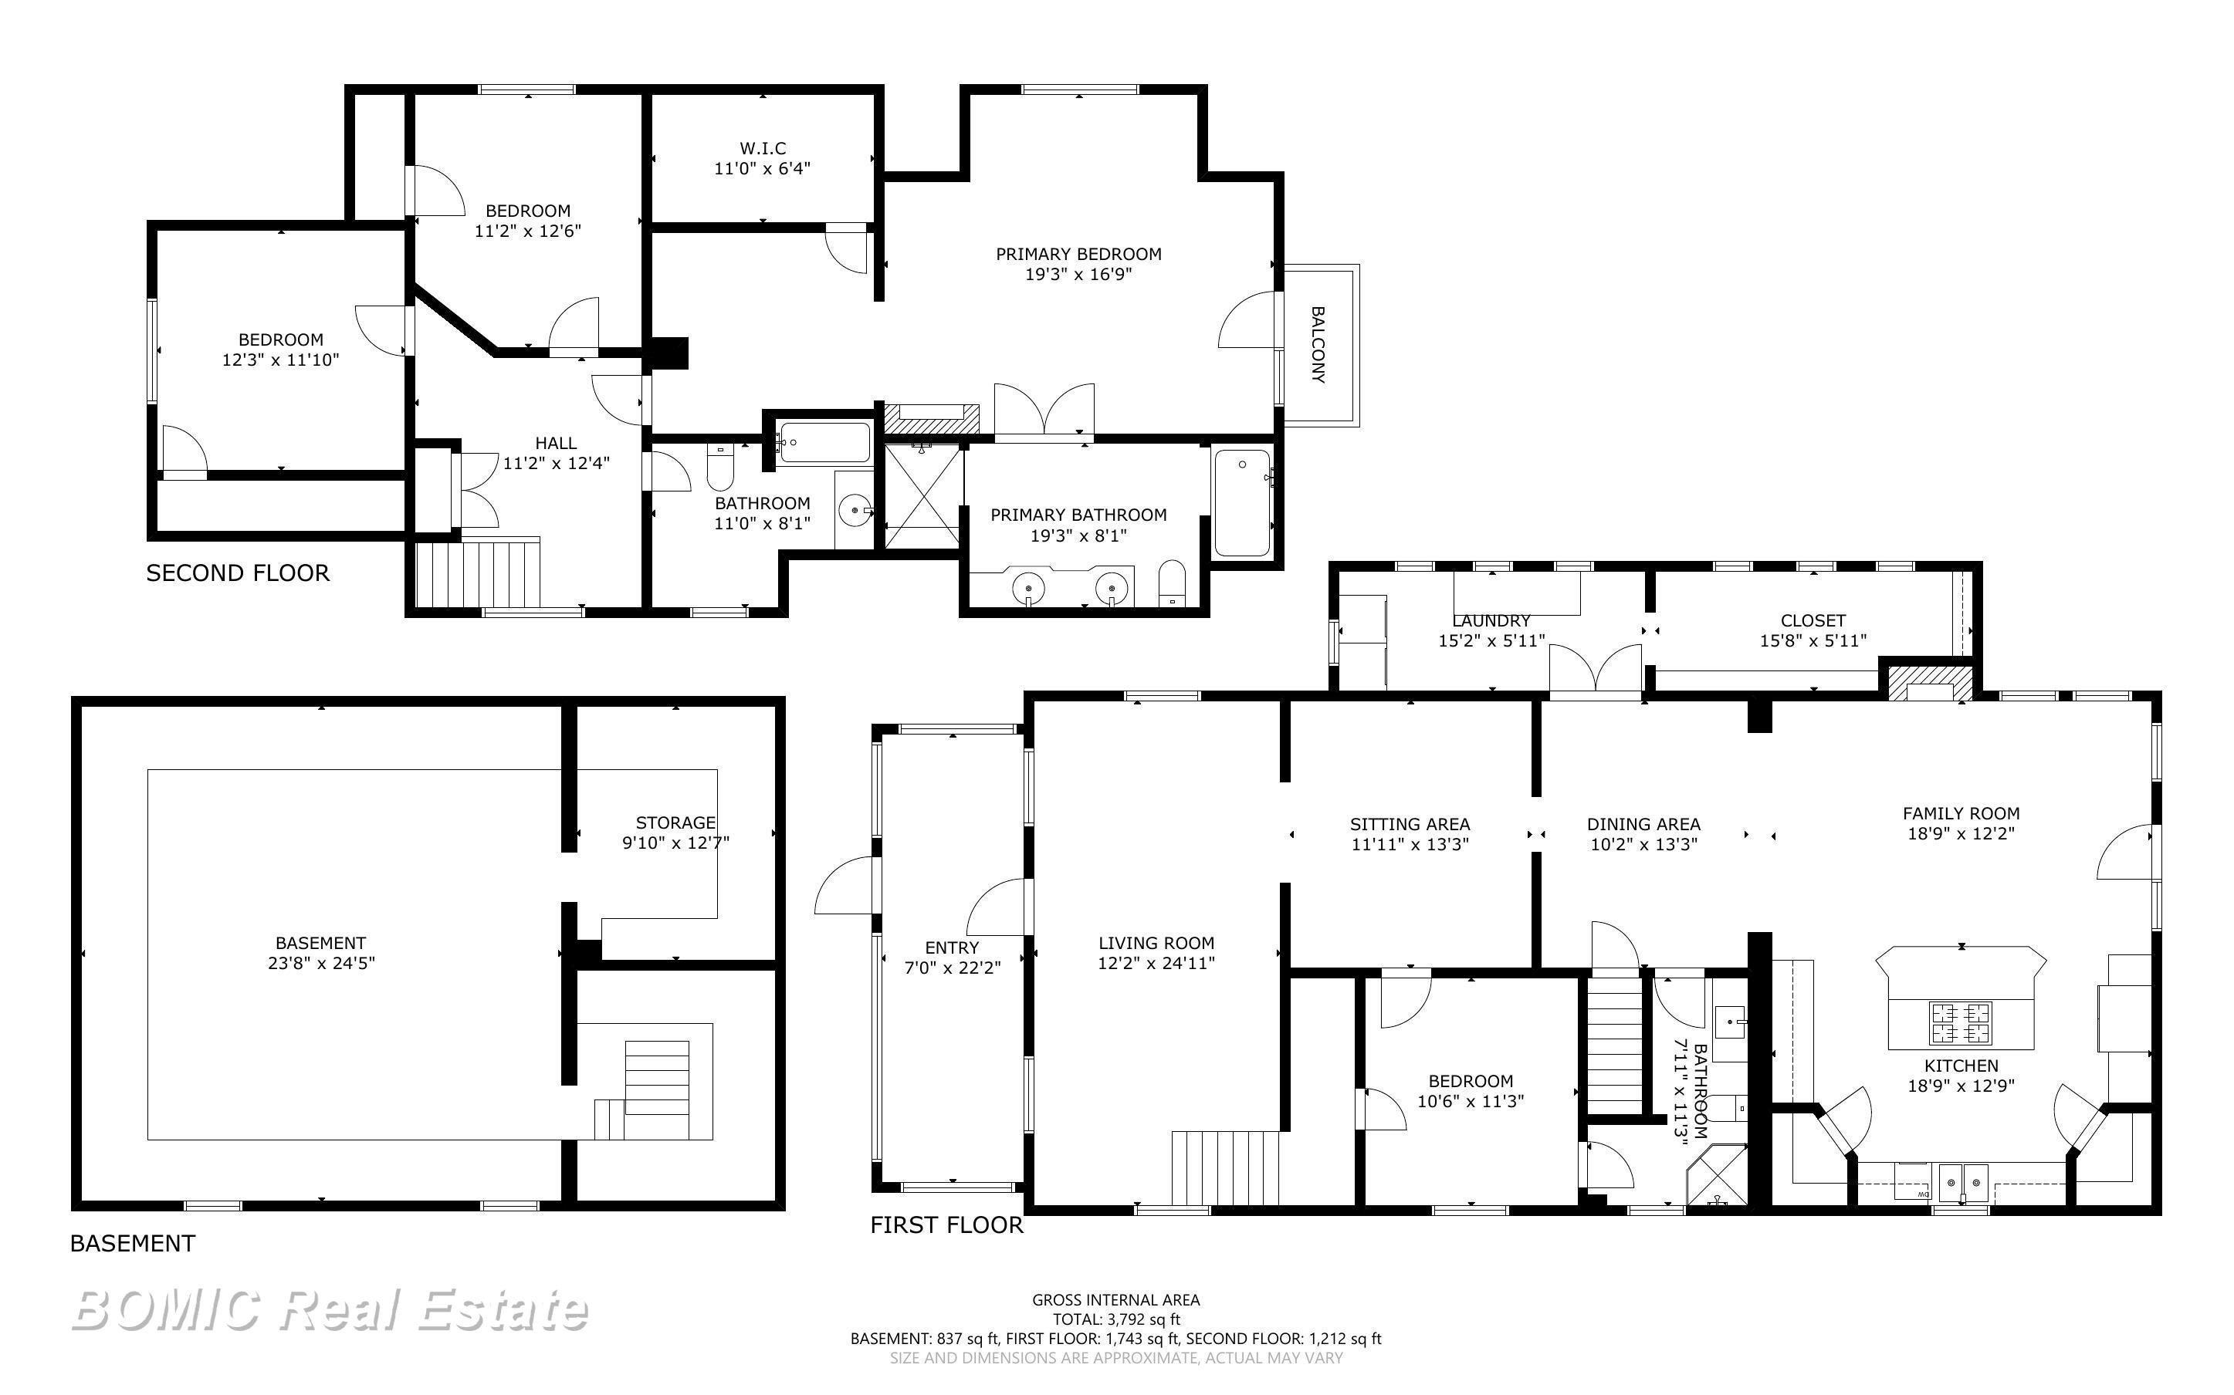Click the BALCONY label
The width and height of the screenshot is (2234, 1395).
point(1318,345)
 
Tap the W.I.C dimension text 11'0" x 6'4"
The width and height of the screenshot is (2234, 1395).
point(762,168)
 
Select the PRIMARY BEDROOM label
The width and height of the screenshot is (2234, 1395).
point(1078,254)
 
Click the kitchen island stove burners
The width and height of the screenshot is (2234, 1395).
point(1960,1022)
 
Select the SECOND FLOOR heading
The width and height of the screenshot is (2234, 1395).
point(237,573)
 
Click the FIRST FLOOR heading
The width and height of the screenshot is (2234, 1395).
point(946,1225)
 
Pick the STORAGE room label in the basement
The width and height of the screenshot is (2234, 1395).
point(675,822)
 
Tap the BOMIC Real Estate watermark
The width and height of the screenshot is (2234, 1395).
point(330,1310)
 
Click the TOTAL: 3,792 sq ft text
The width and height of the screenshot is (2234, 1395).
point(1116,1319)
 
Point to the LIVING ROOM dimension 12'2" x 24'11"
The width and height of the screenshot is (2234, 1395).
point(1156,963)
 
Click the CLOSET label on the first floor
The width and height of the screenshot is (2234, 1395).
point(1813,621)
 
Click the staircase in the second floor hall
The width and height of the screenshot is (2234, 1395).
point(478,574)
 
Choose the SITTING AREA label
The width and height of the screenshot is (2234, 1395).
point(1410,824)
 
